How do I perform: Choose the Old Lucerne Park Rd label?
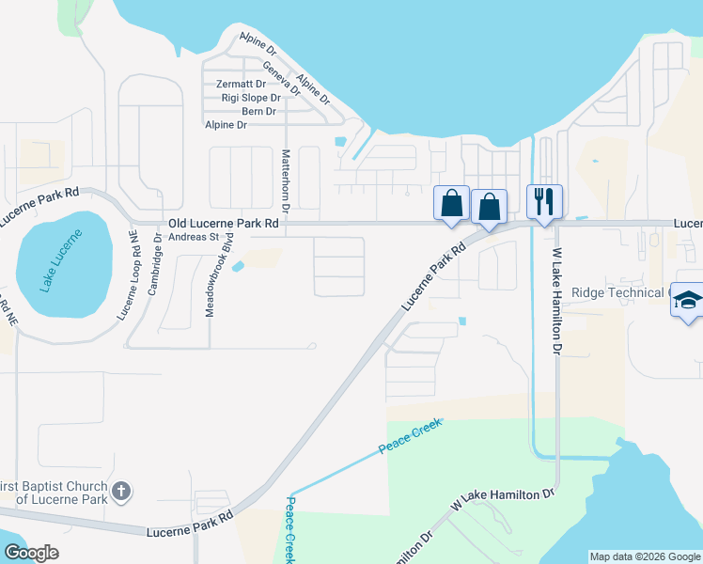coord(223,224)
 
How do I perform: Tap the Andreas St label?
coord(193,237)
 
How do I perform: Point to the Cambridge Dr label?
coord(157,265)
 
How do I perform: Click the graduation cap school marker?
coord(689,300)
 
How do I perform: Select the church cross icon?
coord(120,491)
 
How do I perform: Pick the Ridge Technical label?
coord(618,292)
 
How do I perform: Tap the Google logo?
coord(31,553)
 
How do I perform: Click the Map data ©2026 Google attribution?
coord(646,556)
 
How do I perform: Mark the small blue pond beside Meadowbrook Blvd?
coord(237,266)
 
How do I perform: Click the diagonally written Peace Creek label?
coord(410,437)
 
